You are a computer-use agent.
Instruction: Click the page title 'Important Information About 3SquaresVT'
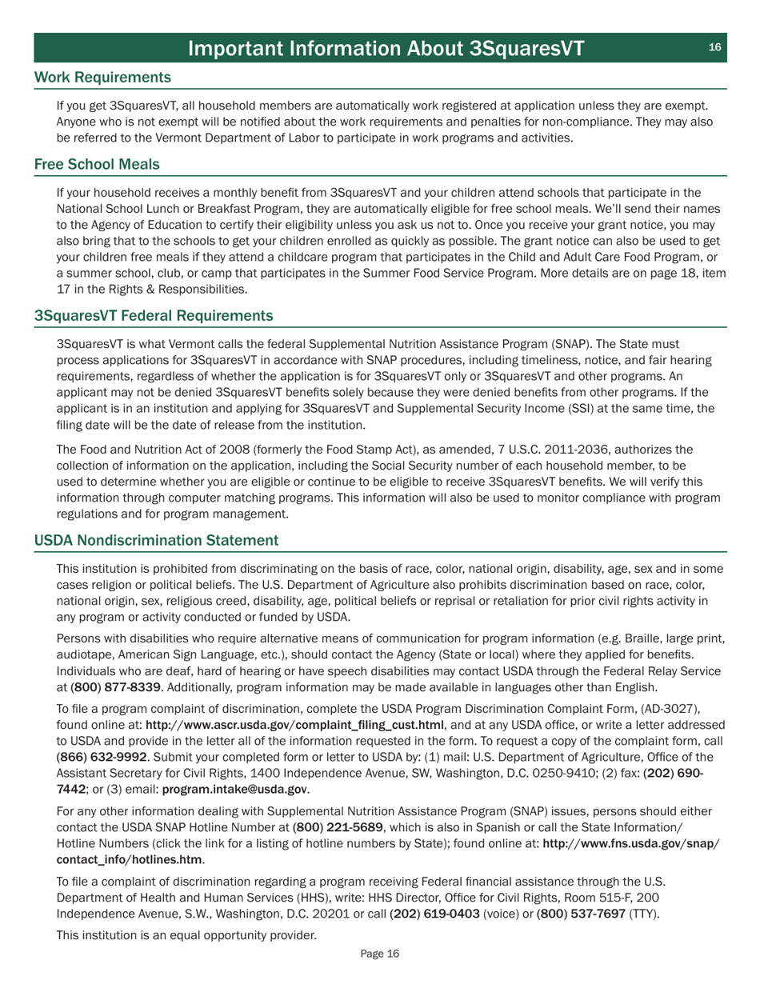tap(386, 48)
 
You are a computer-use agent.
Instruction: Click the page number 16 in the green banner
tap(714, 47)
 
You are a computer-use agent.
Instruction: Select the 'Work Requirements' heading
tap(102, 78)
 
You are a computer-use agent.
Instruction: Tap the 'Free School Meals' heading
tap(97, 164)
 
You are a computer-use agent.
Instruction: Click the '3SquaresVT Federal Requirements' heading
tap(153, 315)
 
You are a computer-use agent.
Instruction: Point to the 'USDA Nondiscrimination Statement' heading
tap(156, 541)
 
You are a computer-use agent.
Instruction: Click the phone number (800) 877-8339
tap(116, 686)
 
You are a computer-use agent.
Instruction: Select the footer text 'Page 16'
tap(379, 954)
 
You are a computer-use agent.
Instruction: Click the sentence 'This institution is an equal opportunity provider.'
tap(186, 934)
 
